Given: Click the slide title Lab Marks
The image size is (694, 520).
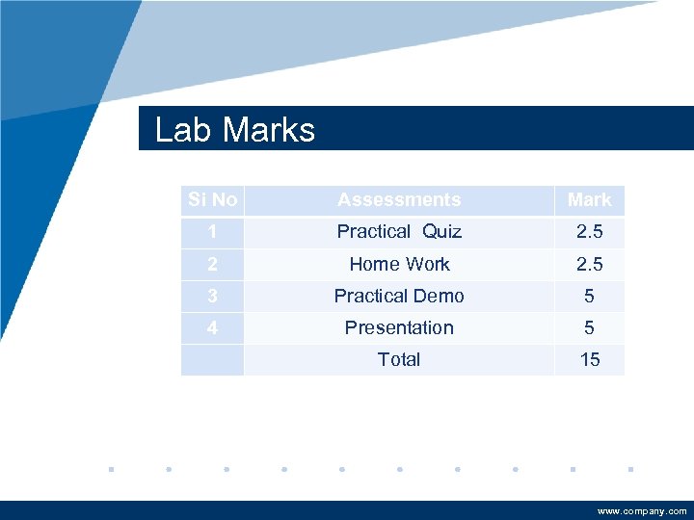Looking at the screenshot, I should click(x=235, y=130).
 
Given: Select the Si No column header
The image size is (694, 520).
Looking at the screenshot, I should click(x=212, y=199).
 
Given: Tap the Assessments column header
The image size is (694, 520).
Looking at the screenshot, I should click(x=399, y=199).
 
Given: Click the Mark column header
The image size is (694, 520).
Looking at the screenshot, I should click(x=589, y=199).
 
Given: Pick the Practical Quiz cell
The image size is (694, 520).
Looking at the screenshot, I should click(x=399, y=231).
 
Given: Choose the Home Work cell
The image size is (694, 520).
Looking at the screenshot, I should click(x=399, y=264).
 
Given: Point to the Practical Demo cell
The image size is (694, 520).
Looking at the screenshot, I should click(x=399, y=296).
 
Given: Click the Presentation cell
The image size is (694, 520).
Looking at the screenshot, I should click(x=399, y=327).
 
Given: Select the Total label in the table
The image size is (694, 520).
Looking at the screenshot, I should click(x=399, y=359).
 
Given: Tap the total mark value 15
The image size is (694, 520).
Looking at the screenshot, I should click(x=589, y=359).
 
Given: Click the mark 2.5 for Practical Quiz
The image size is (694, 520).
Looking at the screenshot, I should click(x=589, y=231).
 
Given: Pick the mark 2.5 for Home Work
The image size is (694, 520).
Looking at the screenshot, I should click(x=589, y=264).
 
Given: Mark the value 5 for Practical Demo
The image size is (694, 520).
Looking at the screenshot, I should click(x=589, y=296).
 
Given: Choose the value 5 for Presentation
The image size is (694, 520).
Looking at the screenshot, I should click(x=589, y=327).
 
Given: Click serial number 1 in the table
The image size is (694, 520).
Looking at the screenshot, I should click(x=212, y=231).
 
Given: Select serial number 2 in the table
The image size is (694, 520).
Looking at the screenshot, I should click(x=212, y=264).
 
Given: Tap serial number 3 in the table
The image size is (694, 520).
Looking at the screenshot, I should click(x=212, y=296).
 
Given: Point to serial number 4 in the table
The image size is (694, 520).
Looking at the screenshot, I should click(x=212, y=327).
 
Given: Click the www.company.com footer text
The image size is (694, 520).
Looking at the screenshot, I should click(x=642, y=511).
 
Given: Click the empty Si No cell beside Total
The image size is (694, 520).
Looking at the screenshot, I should click(x=212, y=359).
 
